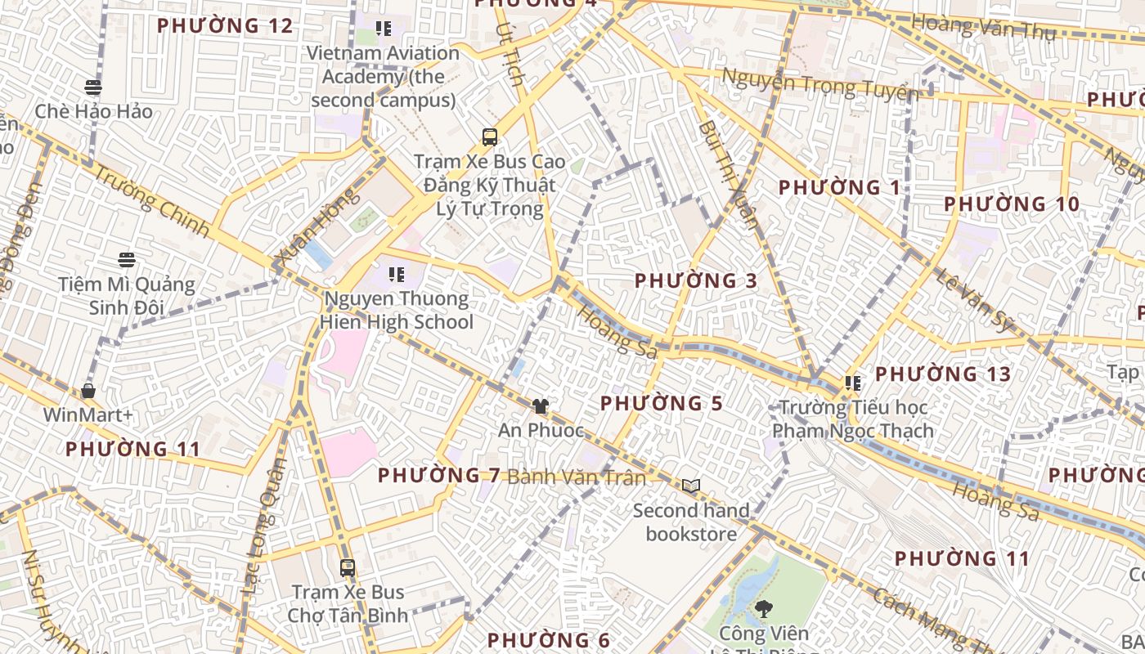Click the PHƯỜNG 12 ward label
coord(224,26)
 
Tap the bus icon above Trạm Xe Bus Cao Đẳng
coord(490,137)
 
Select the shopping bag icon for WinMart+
coord(88,391)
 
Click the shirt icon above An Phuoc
coord(540,405)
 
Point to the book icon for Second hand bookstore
coord(691,486)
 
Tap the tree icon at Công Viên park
coord(764,608)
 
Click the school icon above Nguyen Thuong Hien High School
coord(397,275)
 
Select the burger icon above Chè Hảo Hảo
coord(93,87)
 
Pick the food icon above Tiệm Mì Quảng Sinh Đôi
coord(126,260)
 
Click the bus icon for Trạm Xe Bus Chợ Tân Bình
coord(348,567)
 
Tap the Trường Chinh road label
coord(150,200)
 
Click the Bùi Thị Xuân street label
coord(730,175)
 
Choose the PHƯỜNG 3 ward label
coord(696,280)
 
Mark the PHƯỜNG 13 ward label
coord(943,374)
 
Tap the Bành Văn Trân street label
coord(577,477)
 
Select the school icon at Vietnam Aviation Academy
coord(384,29)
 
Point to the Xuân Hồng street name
coord(318,228)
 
